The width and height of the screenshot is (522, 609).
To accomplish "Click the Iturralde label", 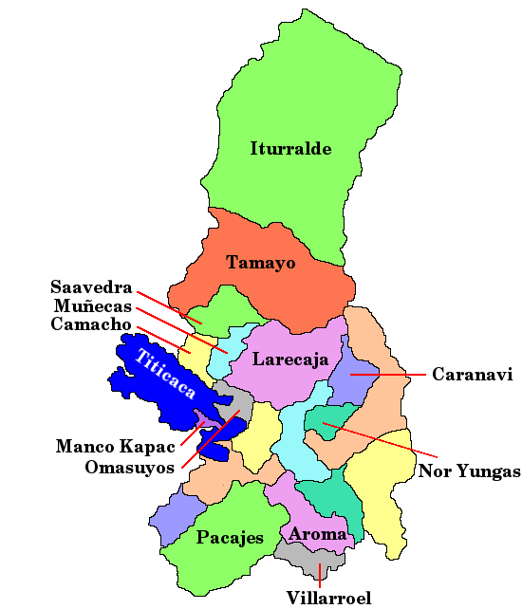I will click(x=290, y=149).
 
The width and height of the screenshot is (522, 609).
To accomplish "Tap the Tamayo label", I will click(x=260, y=262).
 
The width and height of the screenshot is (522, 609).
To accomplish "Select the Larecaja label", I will click(x=289, y=360).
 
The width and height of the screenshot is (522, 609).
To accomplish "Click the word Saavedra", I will click(x=92, y=287).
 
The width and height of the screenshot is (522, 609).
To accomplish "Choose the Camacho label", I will click(x=92, y=324).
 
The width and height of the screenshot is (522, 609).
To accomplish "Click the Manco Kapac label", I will click(x=115, y=446).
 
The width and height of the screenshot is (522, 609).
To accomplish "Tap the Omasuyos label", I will click(x=129, y=468).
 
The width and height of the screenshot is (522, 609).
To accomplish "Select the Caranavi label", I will click(x=472, y=375).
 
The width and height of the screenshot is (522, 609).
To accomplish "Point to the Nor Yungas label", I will click(x=470, y=471).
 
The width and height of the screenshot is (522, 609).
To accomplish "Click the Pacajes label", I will click(x=230, y=538).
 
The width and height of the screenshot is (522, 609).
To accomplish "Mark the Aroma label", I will click(x=318, y=534).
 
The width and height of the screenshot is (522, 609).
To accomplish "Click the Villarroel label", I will click(x=327, y=598).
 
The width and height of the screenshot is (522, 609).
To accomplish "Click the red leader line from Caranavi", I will click(x=389, y=375).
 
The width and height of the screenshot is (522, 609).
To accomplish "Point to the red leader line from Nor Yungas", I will click(x=380, y=440).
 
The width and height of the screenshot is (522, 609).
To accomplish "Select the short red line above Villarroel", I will click(x=320, y=575).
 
